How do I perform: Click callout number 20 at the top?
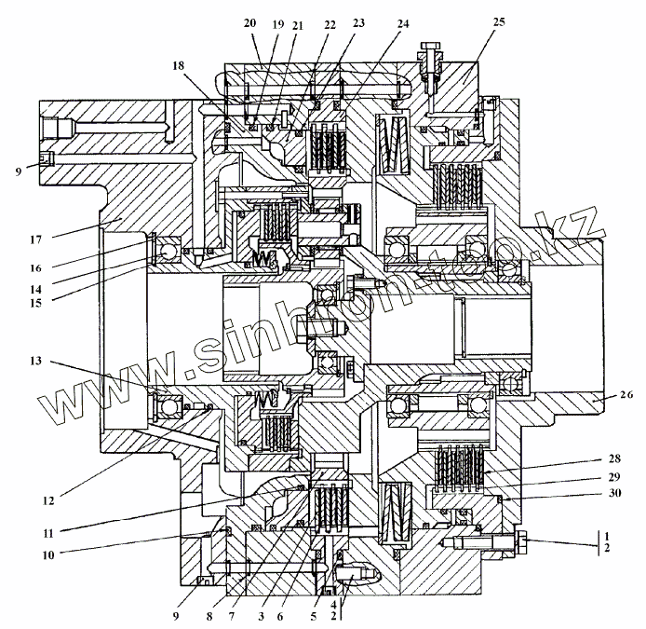coord(249,22)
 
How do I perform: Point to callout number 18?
coord(179,65)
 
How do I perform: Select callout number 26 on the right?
coord(626,394)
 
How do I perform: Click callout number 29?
coord(588,477)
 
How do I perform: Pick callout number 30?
coord(588,493)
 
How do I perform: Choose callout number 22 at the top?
coord(330,25)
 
